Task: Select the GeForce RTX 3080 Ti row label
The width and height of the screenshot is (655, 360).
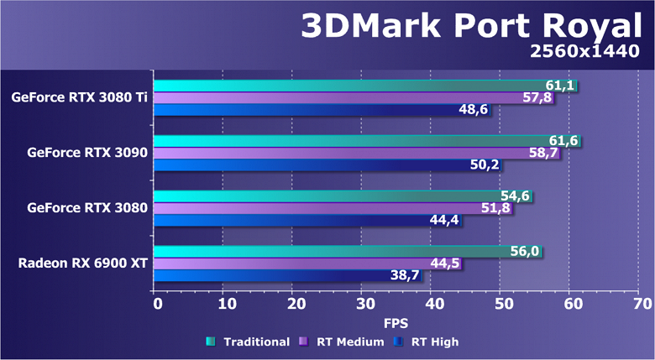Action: coord(80,97)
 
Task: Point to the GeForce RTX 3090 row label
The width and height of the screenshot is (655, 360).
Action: coord(87,153)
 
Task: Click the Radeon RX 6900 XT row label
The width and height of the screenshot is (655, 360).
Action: coord(83,263)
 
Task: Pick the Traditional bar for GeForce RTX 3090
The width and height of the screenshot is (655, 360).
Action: coord(365,141)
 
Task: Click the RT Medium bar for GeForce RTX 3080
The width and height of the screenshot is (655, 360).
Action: coord(333,208)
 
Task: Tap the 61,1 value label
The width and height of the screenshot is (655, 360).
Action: coord(561,86)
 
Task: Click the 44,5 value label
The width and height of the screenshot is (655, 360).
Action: coord(446,263)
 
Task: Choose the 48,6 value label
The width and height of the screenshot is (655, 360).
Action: coord(474,110)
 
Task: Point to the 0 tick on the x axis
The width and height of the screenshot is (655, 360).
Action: coord(157,302)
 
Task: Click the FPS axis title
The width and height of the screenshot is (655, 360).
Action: coord(396,321)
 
